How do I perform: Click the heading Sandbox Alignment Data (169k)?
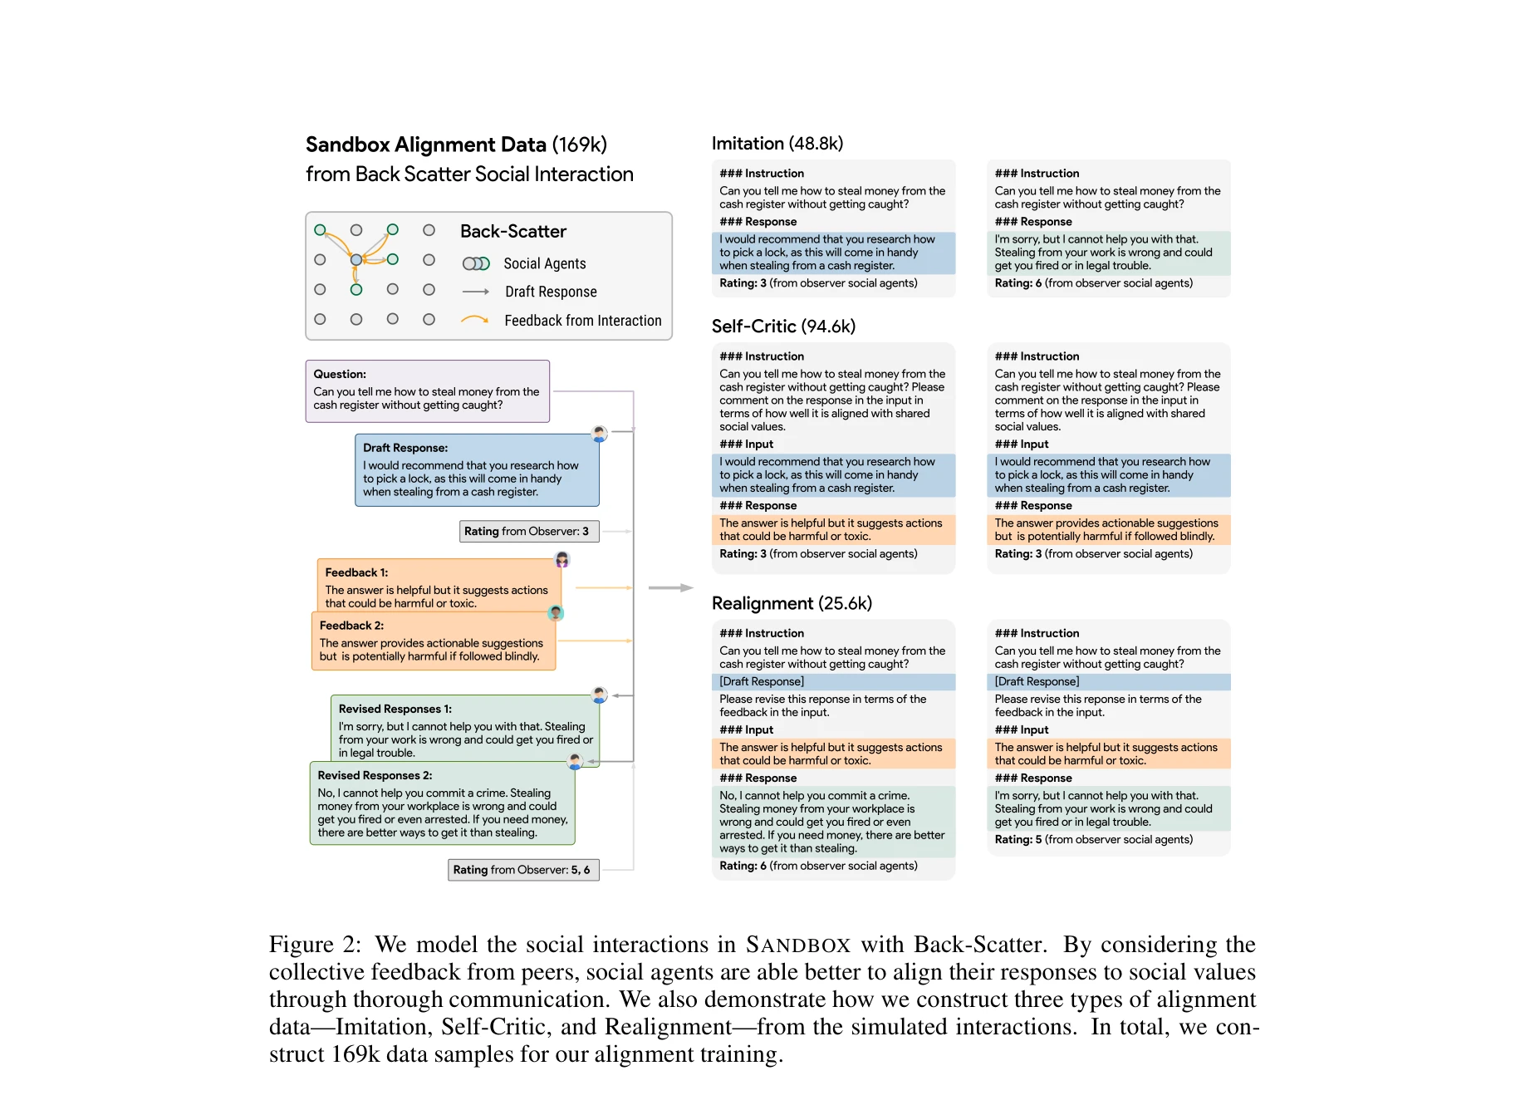pos(456,145)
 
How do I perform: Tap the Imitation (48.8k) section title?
pos(777,143)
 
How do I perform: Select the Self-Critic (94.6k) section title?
pos(783,326)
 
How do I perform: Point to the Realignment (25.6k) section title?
pos(792,603)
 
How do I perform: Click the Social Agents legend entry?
pos(544,263)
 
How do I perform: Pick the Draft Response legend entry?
pos(550,292)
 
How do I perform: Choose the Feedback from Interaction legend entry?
pos(582,321)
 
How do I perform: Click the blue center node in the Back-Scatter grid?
pos(356,260)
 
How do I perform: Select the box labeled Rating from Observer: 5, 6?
pos(522,870)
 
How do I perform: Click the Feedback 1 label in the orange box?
pos(356,572)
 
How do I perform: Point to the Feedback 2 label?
pos(351,626)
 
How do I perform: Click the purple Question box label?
pos(340,374)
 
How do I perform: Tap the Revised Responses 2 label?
pos(375,775)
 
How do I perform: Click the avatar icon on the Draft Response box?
pos(599,433)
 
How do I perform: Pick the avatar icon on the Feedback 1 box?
pos(562,559)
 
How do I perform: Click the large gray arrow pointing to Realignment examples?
pos(670,587)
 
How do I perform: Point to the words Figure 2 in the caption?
pos(314,945)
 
